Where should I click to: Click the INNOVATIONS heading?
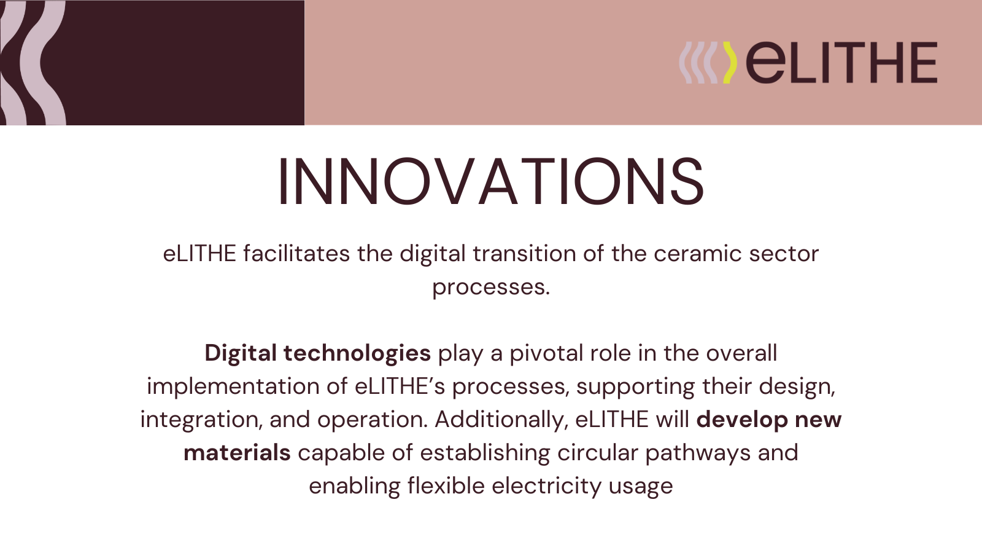pos(491,181)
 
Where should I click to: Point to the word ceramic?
pos(697,254)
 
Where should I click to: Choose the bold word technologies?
pos(357,353)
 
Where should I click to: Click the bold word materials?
pos(237,453)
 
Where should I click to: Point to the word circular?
pos(598,453)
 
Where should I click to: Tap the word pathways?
pos(698,453)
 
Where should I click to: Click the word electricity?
pos(546,486)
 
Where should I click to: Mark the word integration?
pos(201,420)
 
